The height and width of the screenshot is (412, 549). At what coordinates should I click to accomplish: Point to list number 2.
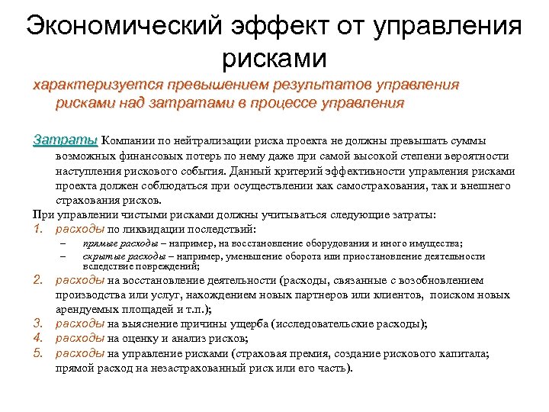click(x=39, y=279)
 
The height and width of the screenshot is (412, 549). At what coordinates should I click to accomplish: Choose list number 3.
click(x=39, y=323)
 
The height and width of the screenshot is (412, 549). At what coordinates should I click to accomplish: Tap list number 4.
click(x=39, y=339)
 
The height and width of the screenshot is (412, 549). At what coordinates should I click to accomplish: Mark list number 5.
click(x=39, y=352)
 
